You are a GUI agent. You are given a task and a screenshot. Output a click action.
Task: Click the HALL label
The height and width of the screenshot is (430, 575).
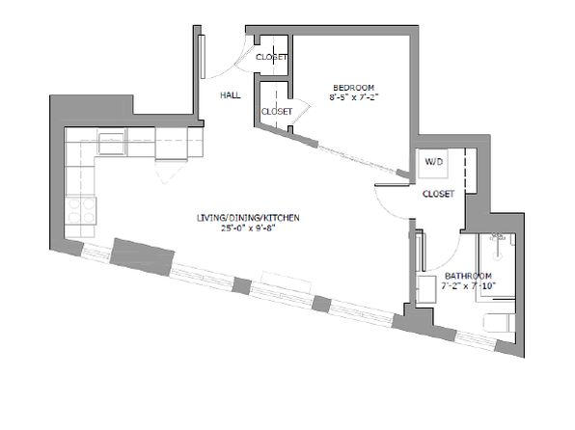point(231,95)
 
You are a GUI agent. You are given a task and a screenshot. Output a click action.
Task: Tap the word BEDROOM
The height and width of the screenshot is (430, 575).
point(353,88)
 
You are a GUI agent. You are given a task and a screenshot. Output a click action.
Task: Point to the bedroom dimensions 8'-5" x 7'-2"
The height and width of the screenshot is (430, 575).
point(353,97)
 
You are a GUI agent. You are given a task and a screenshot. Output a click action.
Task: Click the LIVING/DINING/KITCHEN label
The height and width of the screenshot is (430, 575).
point(248,218)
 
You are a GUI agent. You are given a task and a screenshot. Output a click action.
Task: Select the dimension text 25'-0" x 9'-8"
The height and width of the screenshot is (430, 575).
point(248,228)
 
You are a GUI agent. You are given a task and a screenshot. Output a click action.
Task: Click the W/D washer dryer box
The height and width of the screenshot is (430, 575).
point(433,164)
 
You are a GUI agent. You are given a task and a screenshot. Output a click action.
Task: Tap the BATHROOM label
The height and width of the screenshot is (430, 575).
point(468,276)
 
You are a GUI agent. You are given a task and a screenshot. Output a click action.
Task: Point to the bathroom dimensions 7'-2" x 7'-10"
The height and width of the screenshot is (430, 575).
point(468,286)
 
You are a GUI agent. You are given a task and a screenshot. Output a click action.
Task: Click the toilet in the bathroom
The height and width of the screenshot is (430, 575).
point(499,323)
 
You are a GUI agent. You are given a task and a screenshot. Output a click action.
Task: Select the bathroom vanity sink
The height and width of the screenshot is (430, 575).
point(426,289)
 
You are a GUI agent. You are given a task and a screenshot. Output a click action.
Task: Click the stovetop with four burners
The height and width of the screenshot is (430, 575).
point(81,211)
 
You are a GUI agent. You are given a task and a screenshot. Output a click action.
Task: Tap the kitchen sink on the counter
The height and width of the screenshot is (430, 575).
point(111,144)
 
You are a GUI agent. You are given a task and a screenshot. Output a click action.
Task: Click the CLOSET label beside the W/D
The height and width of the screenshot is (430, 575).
point(438,194)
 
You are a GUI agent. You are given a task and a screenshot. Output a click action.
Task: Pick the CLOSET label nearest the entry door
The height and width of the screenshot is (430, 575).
point(271,57)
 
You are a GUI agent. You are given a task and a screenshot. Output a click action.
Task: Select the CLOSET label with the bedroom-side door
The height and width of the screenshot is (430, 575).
point(277,112)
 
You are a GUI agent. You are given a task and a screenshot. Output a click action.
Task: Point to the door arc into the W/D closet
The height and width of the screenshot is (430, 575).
point(385,209)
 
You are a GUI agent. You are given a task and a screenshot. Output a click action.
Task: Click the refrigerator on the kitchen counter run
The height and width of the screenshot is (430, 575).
point(172,144)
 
